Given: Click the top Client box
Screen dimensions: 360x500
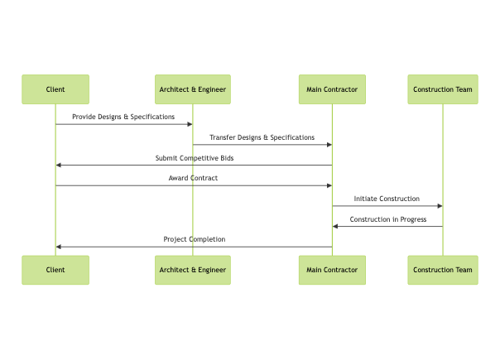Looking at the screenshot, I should [55, 89].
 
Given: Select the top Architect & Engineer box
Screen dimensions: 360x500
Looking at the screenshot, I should [193, 89].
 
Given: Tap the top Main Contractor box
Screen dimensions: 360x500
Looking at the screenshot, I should [332, 89].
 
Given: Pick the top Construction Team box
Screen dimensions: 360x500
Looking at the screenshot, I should [443, 89].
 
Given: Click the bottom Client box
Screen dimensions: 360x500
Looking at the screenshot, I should [55, 270].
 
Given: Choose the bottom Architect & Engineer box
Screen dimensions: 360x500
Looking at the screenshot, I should [193, 270].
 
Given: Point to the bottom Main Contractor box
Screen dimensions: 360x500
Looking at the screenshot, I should [332, 270].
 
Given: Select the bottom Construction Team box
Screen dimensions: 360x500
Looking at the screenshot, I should [443, 270].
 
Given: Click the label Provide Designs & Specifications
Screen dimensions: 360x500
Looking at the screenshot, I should [123, 117].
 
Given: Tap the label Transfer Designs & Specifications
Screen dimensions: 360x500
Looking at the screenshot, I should [262, 137].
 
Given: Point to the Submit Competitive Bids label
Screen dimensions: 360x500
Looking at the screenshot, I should [194, 158].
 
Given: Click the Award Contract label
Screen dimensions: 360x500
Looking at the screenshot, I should [193, 178].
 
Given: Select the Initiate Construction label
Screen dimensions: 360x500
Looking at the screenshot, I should [387, 199].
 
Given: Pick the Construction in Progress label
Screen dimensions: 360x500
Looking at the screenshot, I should [387, 219].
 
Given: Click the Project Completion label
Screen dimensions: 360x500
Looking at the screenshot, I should [194, 239].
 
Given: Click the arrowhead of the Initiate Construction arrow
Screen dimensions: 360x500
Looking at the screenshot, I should [440, 206].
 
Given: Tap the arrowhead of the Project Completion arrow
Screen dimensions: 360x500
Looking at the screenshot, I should [59, 247].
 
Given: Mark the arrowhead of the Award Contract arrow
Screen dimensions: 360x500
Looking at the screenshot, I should [329, 185].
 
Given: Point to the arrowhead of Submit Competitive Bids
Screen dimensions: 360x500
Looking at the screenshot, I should [59, 166].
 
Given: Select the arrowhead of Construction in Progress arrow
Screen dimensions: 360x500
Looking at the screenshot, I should [335, 227].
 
